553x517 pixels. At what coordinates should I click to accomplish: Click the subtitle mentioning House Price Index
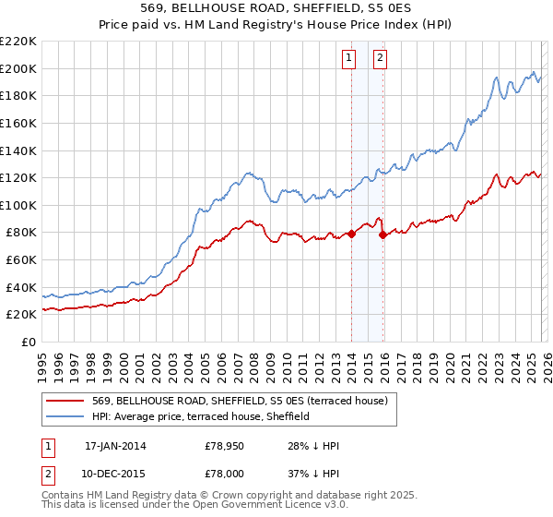(x=276, y=25)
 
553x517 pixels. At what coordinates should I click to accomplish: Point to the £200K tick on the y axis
(x=18, y=68)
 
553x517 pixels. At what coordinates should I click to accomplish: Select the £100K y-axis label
(x=18, y=205)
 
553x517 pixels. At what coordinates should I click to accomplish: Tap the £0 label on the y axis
(x=28, y=342)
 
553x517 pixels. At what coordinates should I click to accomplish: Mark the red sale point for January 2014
(x=351, y=234)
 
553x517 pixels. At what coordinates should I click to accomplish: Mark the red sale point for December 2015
(x=382, y=235)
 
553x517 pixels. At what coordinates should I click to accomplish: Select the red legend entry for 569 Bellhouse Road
(x=244, y=401)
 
